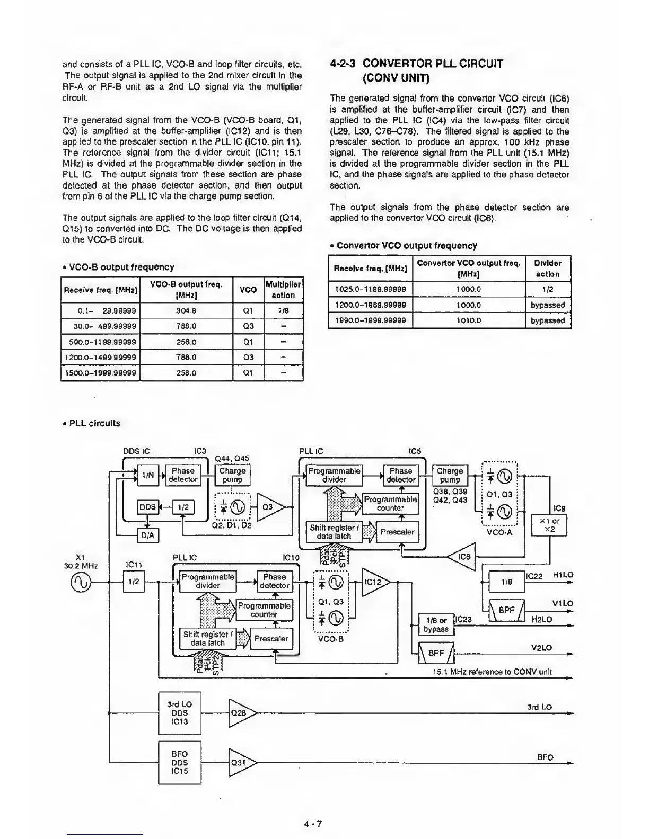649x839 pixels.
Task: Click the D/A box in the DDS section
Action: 148,535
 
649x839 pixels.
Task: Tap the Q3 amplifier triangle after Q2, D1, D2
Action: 270,507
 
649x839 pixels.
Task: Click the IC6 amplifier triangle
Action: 462,557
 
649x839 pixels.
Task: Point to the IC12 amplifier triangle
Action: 374,582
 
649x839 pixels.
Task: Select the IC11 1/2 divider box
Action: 134,582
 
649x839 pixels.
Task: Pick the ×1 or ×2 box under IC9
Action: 549,525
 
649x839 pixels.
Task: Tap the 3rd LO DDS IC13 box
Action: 179,713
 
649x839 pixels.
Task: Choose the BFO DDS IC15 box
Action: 179,762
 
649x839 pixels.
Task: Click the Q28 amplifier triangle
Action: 241,713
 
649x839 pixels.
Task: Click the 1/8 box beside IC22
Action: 507,582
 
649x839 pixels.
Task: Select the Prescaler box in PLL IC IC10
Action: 271,639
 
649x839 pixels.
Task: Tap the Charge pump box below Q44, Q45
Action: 232,475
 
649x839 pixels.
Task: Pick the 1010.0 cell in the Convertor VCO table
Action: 469,320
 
